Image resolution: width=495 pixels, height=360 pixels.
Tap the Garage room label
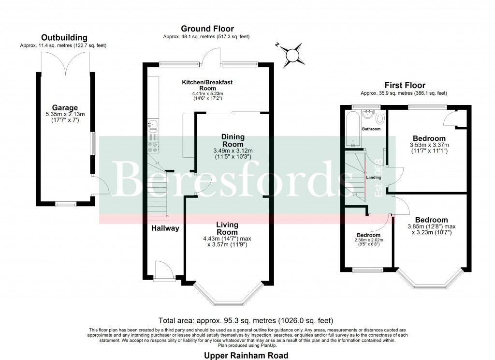tap(65, 107)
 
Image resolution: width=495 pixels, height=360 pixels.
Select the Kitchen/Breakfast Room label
tap(207, 86)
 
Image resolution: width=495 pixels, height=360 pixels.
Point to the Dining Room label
tap(233, 140)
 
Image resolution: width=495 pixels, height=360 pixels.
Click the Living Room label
tap(227, 228)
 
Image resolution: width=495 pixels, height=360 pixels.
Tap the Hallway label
tap(165, 228)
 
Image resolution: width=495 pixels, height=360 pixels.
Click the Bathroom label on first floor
tap(372, 129)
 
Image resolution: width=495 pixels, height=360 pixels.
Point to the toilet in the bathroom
tap(379, 118)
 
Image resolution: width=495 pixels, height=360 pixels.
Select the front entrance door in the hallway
tap(160, 269)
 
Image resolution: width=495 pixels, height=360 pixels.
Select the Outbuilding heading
tap(64, 37)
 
